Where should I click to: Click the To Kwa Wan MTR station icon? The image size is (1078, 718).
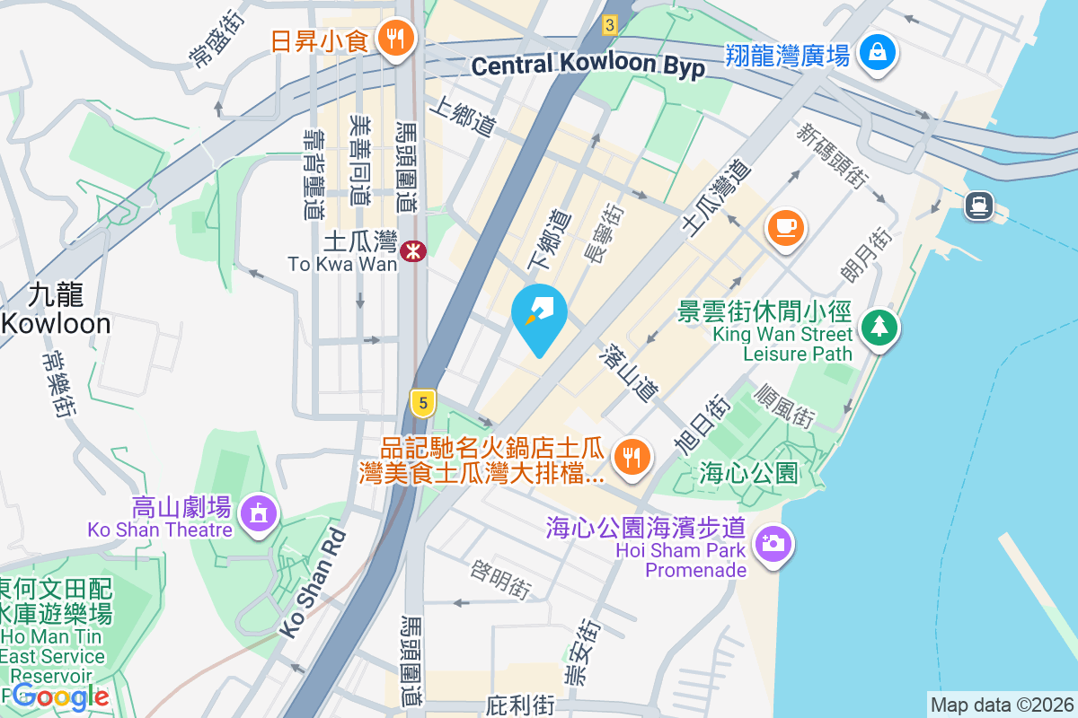pyautogui.click(x=413, y=250)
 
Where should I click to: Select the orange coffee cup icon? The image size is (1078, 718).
pyautogui.click(x=786, y=225)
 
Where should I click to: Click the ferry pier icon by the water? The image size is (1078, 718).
pyautogui.click(x=978, y=206)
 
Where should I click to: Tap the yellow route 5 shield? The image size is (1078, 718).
pyautogui.click(x=423, y=401)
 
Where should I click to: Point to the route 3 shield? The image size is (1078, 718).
pyautogui.click(x=611, y=26)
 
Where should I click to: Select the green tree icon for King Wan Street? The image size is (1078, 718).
pyautogui.click(x=879, y=327)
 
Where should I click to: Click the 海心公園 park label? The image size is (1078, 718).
pyautogui.click(x=748, y=473)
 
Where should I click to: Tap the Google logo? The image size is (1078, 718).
pyautogui.click(x=61, y=696)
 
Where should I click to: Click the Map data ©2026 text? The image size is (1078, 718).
pyautogui.click(x=1002, y=705)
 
